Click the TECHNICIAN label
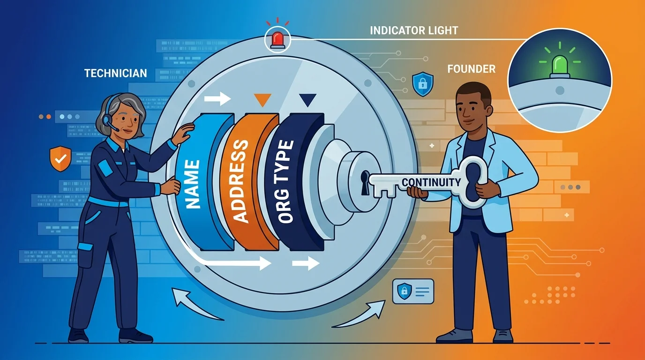tap(115, 73)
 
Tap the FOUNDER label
tap(472, 69)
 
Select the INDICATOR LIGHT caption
tap(414, 30)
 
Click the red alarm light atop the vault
tap(277, 40)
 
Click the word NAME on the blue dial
tap(192, 184)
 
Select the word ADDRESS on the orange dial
tap(240, 181)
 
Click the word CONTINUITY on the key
tap(431, 182)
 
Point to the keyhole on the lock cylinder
tap(365, 183)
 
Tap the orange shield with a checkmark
tap(60, 158)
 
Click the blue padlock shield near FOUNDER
tap(423, 84)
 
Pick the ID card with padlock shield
tap(413, 291)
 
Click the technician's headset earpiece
tap(108, 119)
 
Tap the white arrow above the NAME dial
tap(217, 99)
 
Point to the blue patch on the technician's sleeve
tap(105, 168)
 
